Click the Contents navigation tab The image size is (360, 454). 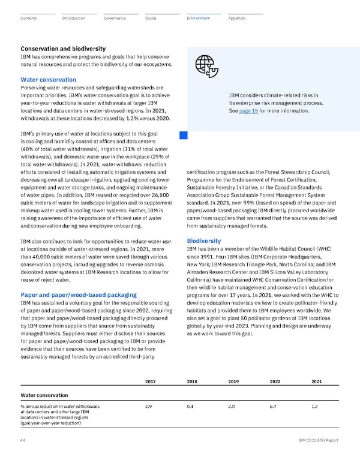[28, 19]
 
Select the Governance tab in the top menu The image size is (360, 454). [114, 19]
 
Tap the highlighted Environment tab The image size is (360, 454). [198, 19]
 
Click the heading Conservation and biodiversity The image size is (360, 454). [63, 49]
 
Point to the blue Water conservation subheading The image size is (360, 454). [48, 80]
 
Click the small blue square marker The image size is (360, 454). [184, 136]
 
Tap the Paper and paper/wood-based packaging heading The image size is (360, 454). [79, 296]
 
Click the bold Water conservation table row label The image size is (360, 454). [44, 395]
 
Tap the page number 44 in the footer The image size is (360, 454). [23, 440]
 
